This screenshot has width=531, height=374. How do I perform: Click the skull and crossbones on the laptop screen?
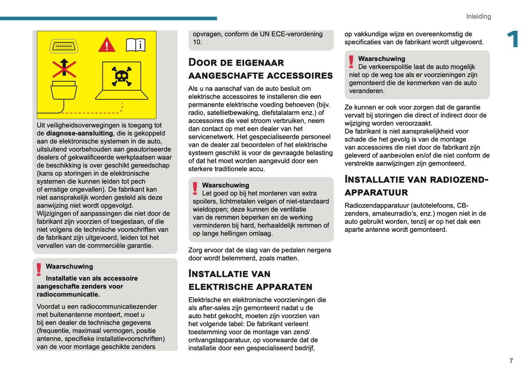point(122,76)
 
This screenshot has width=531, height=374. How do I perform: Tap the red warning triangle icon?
point(107,45)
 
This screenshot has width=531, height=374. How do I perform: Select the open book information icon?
point(136,45)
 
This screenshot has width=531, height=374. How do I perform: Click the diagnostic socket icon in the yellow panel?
point(64,46)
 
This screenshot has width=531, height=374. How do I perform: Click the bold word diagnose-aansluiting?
point(79,133)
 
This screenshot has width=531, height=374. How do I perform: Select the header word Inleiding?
point(478,17)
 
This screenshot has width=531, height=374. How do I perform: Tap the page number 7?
point(511,361)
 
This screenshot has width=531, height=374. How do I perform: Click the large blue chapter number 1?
point(513,40)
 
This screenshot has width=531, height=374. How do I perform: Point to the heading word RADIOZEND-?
point(459,180)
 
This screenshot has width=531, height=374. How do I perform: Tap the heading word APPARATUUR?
point(376,193)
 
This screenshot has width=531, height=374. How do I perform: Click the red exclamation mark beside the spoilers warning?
point(195,188)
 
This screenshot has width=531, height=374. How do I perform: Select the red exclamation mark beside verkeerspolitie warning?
point(351,62)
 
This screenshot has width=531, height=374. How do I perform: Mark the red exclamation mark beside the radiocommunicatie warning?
point(39,269)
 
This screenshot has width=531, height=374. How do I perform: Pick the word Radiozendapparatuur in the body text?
point(377,205)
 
